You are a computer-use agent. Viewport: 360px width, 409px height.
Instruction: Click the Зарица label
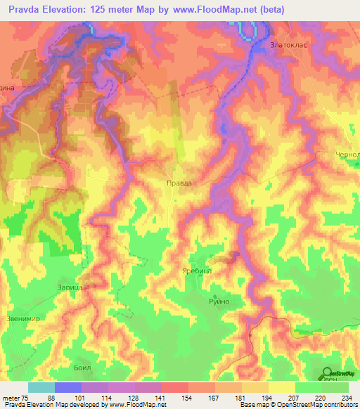(70, 287)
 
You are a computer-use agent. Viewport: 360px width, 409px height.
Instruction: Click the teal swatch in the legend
(41, 387)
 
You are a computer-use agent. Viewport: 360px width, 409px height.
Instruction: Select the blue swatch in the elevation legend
(68, 387)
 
